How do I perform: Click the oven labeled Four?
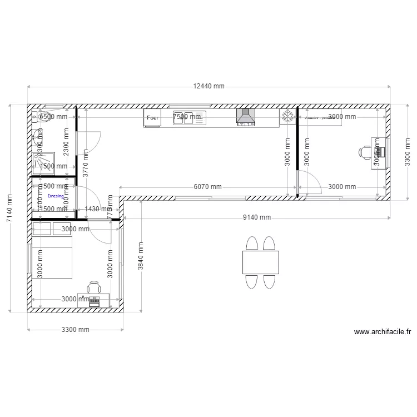(x=152, y=118)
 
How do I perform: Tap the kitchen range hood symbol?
(x=245, y=117)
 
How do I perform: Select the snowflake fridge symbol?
(x=287, y=117)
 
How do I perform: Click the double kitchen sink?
(x=189, y=117)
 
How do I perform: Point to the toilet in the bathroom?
(x=44, y=116)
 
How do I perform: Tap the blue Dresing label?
(x=56, y=196)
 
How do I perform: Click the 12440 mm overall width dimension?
(x=209, y=86)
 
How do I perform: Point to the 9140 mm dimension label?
(x=257, y=217)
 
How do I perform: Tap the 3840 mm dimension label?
(x=141, y=256)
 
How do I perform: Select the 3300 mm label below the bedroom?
(x=75, y=330)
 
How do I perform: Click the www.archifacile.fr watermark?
(x=383, y=332)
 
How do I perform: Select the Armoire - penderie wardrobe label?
(x=319, y=118)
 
